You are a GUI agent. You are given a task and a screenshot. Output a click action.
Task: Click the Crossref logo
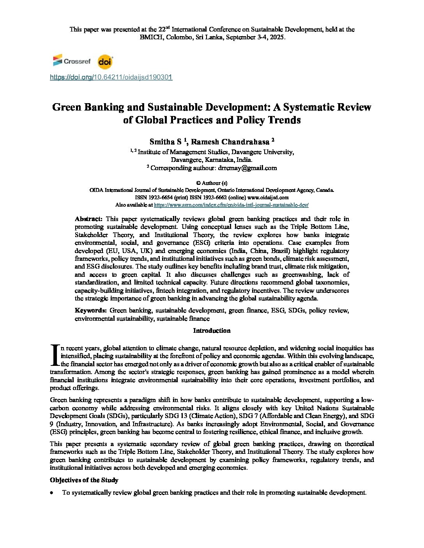coord(72,61)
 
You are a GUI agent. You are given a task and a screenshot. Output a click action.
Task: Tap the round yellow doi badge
coord(105,61)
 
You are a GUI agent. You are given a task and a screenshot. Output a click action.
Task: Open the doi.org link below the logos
coord(111,77)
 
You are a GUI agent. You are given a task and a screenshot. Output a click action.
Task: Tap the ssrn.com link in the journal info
coord(231,205)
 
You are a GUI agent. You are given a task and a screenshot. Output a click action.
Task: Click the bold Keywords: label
coord(91,311)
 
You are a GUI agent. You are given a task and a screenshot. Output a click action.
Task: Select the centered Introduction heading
coord(212,331)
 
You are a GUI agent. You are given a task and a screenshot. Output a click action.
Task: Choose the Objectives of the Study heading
coord(84,480)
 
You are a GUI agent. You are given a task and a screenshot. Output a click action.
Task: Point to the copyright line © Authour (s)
coord(212,183)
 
